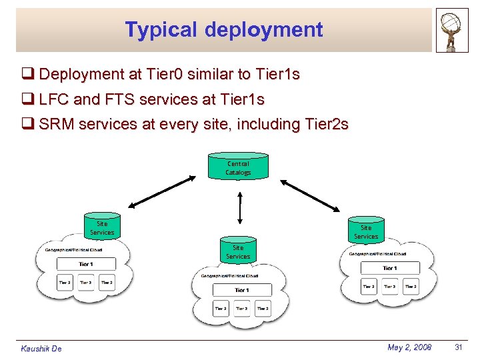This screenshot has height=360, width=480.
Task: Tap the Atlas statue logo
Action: tap(452, 30)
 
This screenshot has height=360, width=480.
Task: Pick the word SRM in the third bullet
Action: tap(56, 124)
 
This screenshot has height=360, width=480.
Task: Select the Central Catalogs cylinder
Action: tap(238, 167)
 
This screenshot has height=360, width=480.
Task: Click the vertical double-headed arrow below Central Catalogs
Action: tap(239, 206)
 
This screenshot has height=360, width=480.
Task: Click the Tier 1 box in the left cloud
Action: tap(86, 263)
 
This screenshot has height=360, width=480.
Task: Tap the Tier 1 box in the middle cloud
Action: tap(242, 290)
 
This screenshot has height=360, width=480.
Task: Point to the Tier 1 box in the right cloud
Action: tap(389, 268)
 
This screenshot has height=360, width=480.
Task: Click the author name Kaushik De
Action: tap(41, 349)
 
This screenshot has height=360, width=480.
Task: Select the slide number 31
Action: tap(458, 347)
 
